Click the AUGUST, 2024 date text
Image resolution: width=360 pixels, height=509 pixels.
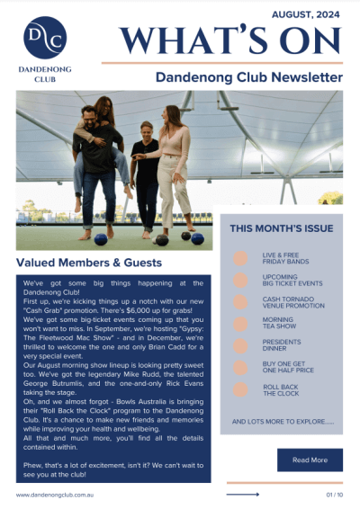[x=307, y=14]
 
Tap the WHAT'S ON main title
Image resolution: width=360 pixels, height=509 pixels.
[x=231, y=40]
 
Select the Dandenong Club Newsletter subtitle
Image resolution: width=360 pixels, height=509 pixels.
[x=248, y=77]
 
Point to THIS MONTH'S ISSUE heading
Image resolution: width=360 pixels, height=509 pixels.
[x=281, y=228]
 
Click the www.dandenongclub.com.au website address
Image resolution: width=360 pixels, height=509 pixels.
[x=56, y=495]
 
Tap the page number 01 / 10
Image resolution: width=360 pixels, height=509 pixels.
[x=334, y=495]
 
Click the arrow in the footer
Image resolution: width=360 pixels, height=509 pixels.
[x=243, y=495]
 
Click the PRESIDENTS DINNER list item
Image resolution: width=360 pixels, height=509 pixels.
[x=283, y=346]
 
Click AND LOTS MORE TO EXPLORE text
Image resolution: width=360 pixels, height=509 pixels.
[x=282, y=421]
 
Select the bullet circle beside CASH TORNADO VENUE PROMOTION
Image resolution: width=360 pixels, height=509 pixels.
[x=241, y=302]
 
